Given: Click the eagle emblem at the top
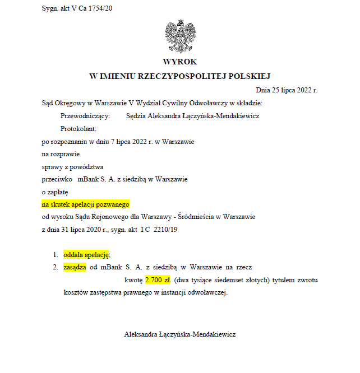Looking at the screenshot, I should pyautogui.click(x=179, y=35).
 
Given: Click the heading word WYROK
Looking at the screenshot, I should pyautogui.click(x=179, y=62).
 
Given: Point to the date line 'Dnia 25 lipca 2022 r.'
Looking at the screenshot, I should pyautogui.click(x=287, y=89).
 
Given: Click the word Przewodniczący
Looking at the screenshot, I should pyautogui.click(x=82, y=116).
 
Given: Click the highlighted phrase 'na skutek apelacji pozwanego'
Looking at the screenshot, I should pyautogui.click(x=86, y=204).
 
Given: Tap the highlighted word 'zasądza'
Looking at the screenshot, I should pyautogui.click(x=75, y=267).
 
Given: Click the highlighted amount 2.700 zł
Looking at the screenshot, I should pyautogui.click(x=157, y=279).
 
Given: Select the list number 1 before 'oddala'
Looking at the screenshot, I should pyautogui.click(x=56, y=254).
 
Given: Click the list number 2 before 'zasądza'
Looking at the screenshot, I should pyautogui.click(x=56, y=267).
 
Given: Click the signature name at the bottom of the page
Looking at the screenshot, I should pyautogui.click(x=179, y=334).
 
